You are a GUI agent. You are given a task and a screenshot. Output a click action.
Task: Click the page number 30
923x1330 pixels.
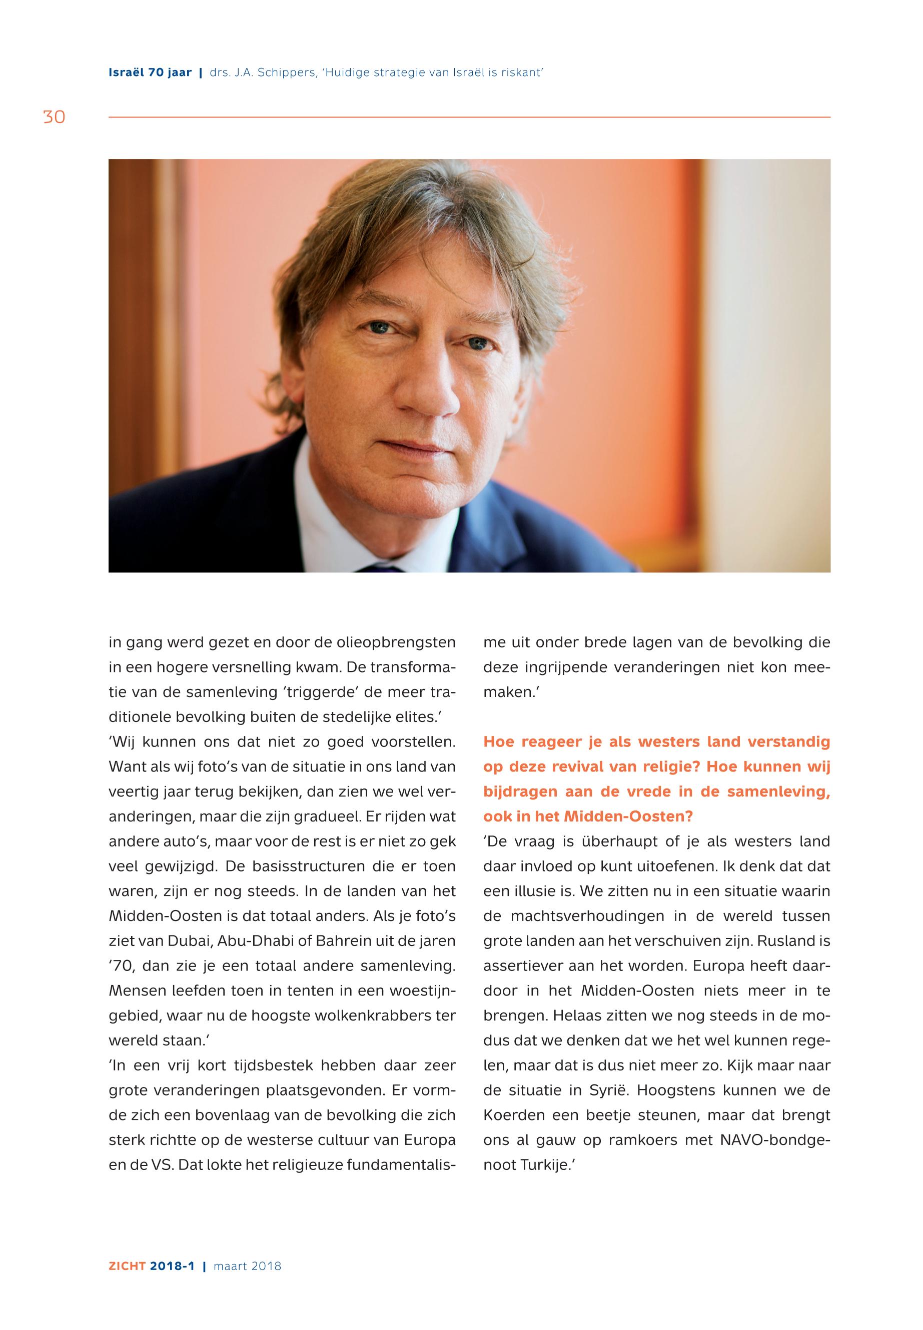pyautogui.click(x=54, y=117)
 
